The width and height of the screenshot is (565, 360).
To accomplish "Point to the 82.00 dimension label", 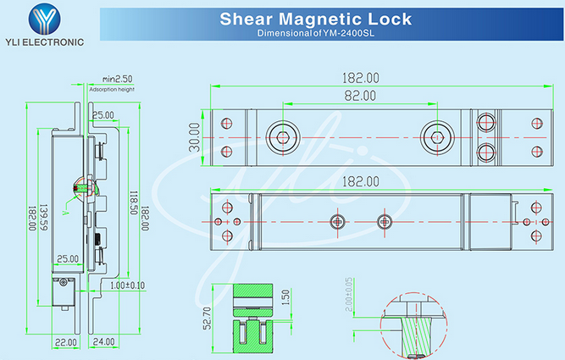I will pos(359,97).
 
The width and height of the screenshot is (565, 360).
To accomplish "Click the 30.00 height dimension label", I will pos(194,137).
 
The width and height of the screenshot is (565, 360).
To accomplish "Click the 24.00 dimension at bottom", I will pos(104,342).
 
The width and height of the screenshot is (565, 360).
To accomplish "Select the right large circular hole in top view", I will pos(435,135).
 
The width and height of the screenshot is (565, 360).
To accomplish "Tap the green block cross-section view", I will pos(251,322).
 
